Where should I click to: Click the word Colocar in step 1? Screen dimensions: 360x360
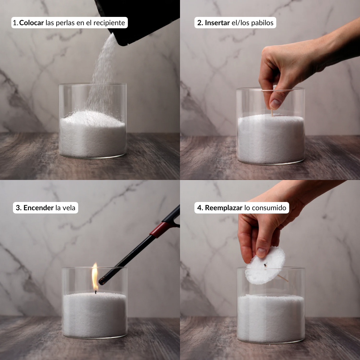31,23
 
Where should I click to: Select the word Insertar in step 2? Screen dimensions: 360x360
217,23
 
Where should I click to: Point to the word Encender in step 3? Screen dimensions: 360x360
39,208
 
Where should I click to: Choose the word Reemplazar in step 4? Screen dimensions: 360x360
224,208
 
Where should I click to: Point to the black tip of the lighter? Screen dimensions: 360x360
103,280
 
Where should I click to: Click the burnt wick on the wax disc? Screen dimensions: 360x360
265,265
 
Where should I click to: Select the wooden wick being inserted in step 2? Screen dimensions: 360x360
272,112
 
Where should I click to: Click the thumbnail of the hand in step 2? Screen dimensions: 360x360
275,104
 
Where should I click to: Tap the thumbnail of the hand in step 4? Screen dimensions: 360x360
261,253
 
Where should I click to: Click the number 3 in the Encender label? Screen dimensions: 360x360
18,208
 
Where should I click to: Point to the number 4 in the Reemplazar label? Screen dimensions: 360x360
199,208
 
